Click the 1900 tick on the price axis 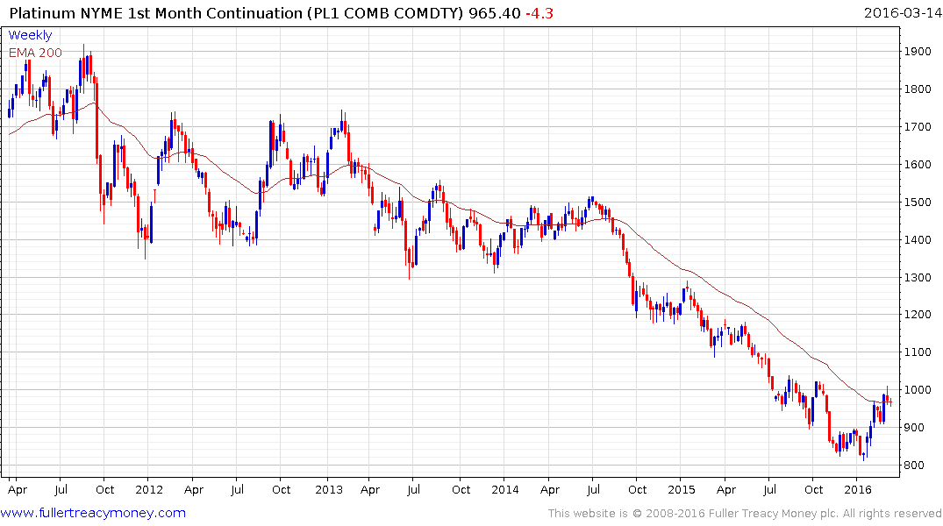click(919, 52)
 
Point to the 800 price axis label click(916, 466)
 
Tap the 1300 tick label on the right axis click(919, 278)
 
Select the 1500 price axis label click(919, 203)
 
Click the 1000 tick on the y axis click(919, 390)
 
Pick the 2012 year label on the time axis click(149, 490)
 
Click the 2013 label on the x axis click(329, 490)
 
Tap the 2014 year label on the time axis click(505, 490)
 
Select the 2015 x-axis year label click(682, 490)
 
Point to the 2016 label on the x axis click(858, 490)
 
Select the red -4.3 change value click(539, 13)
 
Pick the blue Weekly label click(30, 35)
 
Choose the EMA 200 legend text click(35, 53)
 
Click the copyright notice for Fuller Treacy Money click(745, 513)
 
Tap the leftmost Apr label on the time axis click(17, 490)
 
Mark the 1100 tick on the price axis click(919, 352)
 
